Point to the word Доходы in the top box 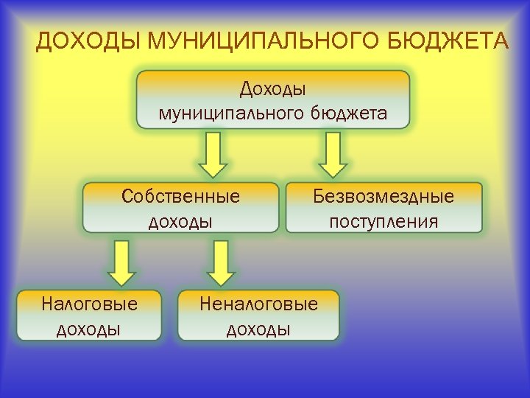coord(273,89)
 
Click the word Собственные coord(181,197)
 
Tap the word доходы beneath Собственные coord(181,220)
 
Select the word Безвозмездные coord(384,197)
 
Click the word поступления coord(384,220)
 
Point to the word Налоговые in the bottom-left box coord(89,304)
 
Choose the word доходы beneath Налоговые coord(89,328)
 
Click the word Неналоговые coord(259,304)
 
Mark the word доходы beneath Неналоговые coord(259,328)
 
